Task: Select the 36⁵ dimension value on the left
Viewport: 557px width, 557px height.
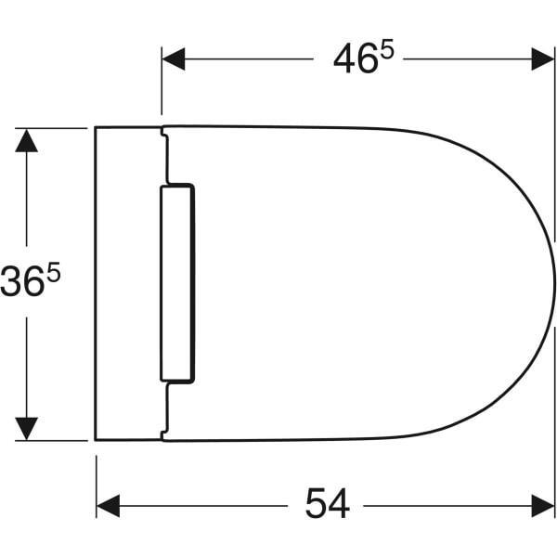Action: click(x=35, y=282)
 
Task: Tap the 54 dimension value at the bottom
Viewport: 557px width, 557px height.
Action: click(x=327, y=505)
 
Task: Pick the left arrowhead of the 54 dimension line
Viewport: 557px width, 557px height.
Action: click(x=108, y=505)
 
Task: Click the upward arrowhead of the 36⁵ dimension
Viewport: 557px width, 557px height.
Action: click(x=27, y=141)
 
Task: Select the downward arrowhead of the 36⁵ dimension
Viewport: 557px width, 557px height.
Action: click(x=27, y=428)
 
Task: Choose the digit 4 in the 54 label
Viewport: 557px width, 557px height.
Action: click(x=340, y=505)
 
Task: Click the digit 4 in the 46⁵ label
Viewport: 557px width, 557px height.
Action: click(x=343, y=59)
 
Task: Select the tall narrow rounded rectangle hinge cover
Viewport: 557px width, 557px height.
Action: click(x=177, y=283)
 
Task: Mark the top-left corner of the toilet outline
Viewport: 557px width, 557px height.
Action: click(x=97, y=128)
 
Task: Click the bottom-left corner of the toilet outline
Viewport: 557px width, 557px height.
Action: click(x=97, y=439)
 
